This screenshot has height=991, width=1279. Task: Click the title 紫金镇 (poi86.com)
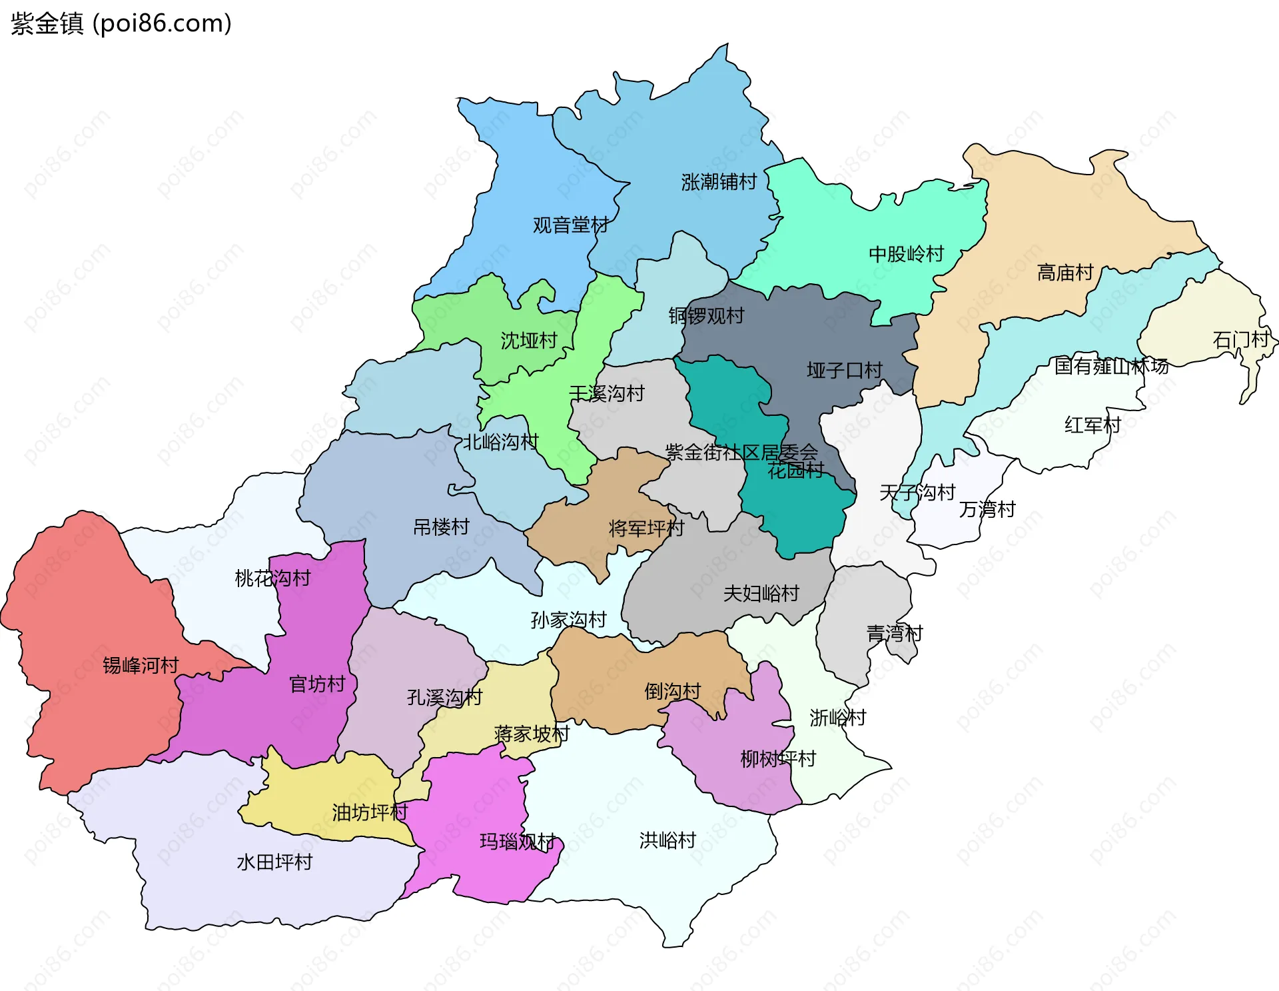(121, 23)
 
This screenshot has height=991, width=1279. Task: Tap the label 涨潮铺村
(719, 182)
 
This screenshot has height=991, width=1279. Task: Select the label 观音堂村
(570, 225)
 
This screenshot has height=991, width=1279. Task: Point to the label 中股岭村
(906, 254)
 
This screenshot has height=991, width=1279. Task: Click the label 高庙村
(1065, 273)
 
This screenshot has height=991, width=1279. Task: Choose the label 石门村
(1240, 340)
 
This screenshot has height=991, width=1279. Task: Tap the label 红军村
(1092, 425)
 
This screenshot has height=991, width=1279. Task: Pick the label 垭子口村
(844, 371)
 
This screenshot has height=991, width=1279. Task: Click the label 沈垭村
(528, 341)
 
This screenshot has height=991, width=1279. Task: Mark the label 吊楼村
(441, 527)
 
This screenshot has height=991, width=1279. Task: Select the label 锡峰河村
(141, 665)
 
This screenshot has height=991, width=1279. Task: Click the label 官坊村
(317, 684)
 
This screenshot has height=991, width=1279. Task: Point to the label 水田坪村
(274, 862)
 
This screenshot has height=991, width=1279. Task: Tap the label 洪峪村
(667, 840)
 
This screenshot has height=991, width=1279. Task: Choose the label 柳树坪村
(777, 758)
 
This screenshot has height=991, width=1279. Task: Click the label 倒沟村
(672, 691)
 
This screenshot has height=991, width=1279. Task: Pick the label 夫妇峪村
(761, 593)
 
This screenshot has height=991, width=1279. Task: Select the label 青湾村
(894, 633)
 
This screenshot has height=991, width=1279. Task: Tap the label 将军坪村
(646, 528)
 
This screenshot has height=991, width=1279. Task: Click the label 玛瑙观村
(517, 842)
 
